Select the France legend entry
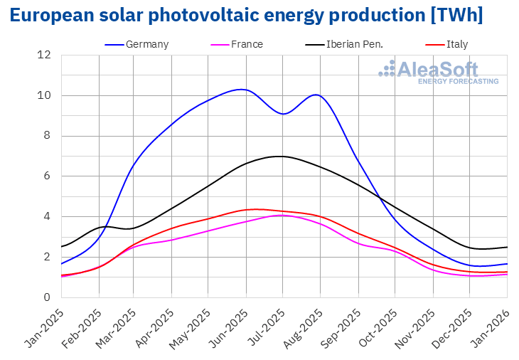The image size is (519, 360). click(247, 44)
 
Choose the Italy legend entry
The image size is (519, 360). click(456, 44)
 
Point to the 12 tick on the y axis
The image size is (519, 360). click(45, 55)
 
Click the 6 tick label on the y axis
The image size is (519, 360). click(48, 176)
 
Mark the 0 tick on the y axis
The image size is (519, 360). click(48, 297)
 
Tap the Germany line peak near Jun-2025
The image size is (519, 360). click(242, 89)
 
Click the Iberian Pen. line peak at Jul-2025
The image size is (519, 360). click(282, 156)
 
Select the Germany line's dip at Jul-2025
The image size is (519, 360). click(283, 114)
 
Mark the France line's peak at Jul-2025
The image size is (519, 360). click(283, 215)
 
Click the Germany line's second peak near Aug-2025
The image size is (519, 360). click(316, 95)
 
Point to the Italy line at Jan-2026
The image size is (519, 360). click(507, 272)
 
